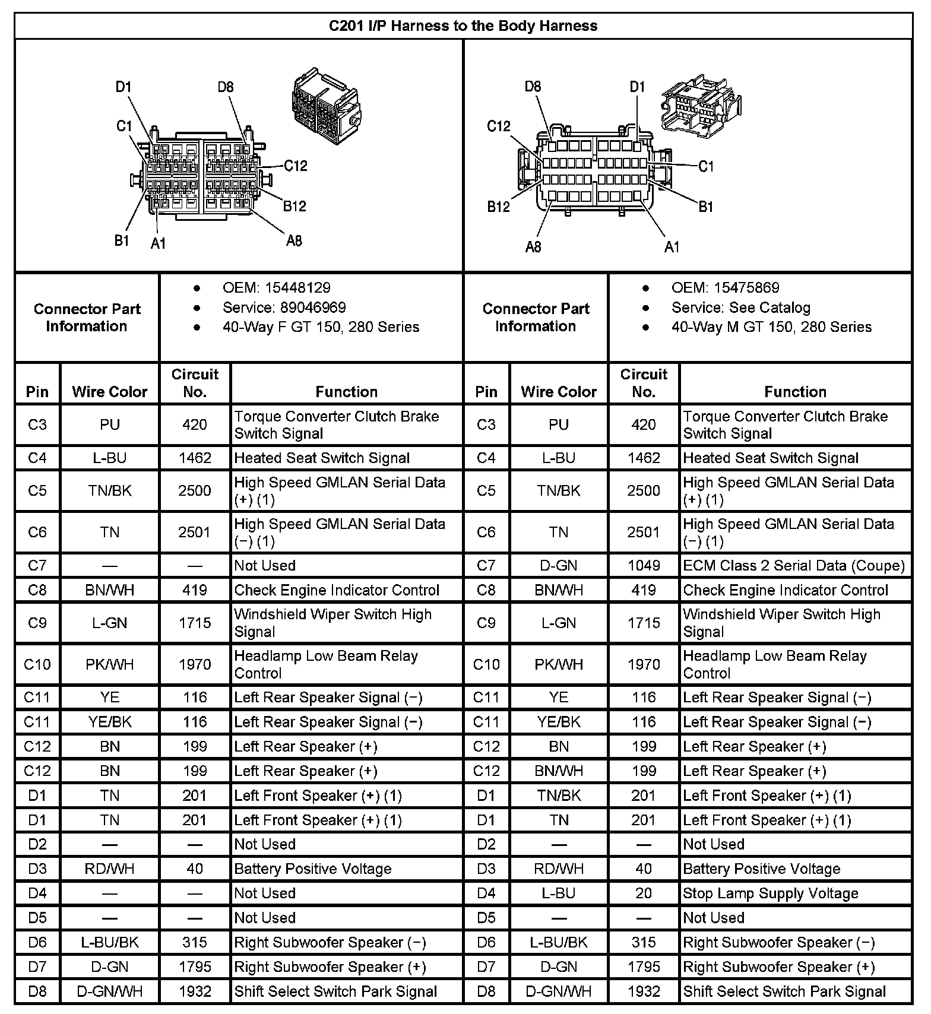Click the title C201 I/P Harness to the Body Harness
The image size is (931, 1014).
[x=463, y=26]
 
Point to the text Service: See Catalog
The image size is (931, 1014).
[x=740, y=308]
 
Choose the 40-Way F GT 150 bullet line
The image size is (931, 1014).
[x=321, y=327]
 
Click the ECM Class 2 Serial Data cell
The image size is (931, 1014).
[x=794, y=566]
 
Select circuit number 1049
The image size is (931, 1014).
[x=644, y=566]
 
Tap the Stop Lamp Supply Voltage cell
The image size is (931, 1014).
[x=771, y=893]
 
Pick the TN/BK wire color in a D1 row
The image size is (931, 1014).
[x=559, y=796]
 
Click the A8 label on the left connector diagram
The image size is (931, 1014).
[x=294, y=240]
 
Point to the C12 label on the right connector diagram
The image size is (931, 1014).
[x=499, y=126]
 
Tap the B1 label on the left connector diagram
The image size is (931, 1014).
[x=122, y=240]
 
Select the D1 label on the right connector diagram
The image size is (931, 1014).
[x=637, y=87]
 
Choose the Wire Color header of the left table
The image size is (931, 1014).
[x=110, y=392]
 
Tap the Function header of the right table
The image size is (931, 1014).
[x=795, y=392]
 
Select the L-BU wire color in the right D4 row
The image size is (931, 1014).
[x=559, y=893]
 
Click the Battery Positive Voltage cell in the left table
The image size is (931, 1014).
[x=313, y=869]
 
